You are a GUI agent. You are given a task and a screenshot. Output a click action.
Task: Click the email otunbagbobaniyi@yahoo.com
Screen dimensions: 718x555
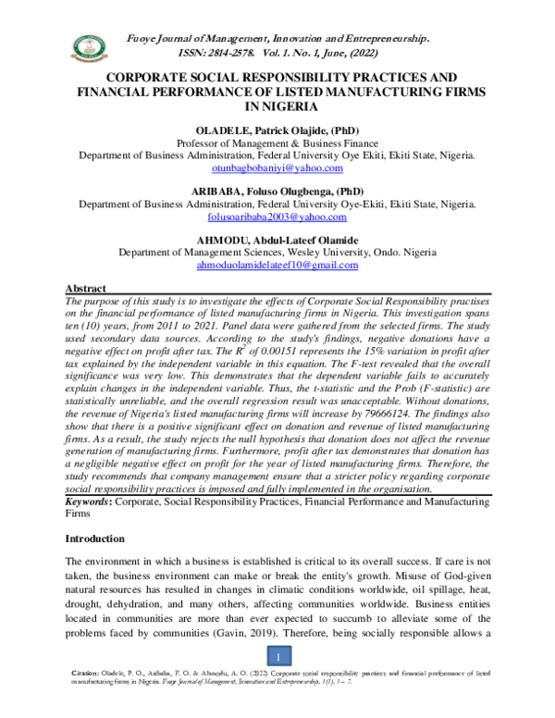[x=277, y=168]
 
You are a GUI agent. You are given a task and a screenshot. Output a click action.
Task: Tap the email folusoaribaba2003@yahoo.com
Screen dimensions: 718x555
[x=277, y=217]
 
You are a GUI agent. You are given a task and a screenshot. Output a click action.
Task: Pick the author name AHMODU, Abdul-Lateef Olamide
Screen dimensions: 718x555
[x=277, y=238]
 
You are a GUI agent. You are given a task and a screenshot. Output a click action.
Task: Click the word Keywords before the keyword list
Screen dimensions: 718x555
[x=89, y=500]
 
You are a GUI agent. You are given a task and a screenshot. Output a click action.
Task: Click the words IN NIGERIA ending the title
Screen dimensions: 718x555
[x=277, y=107]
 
